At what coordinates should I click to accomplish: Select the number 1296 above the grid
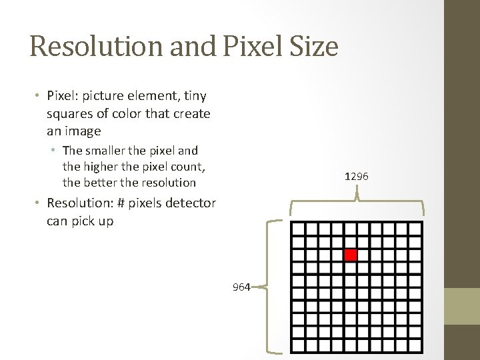click(x=357, y=177)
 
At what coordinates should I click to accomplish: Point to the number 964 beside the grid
click(x=241, y=287)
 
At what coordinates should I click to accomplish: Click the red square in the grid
click(x=351, y=255)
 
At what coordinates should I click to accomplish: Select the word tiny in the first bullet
click(x=195, y=96)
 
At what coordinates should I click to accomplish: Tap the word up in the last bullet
click(x=105, y=221)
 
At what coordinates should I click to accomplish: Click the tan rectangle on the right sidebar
click(x=462, y=306)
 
